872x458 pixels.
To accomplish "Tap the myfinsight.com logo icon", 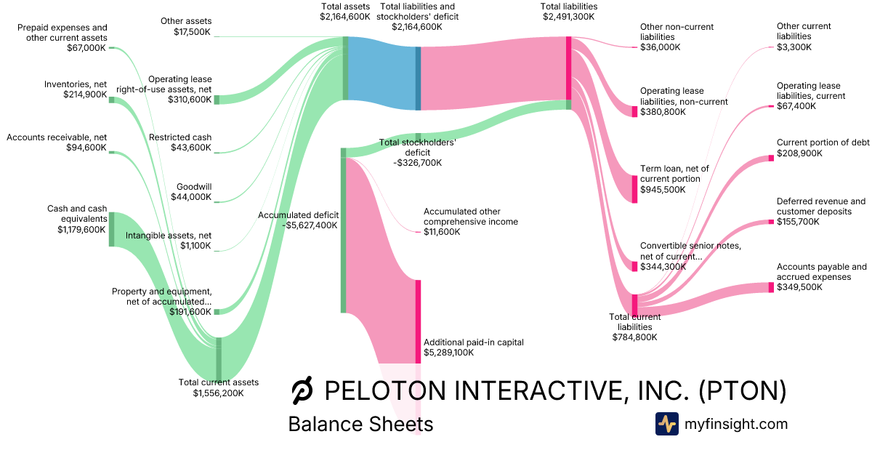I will click(x=666, y=424).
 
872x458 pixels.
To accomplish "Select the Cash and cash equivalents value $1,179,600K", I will click(x=81, y=230).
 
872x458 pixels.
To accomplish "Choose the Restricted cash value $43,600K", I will click(x=191, y=148).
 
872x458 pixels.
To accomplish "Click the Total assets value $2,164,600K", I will click(x=344, y=16).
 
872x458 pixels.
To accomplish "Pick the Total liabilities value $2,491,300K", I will click(x=570, y=16).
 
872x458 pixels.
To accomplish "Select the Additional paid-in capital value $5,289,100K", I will click(x=448, y=353).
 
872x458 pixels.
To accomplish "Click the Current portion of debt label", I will click(x=823, y=142).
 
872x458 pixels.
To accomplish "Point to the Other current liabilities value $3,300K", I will click(x=794, y=47).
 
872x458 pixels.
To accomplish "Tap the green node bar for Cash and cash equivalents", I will click(x=112, y=229).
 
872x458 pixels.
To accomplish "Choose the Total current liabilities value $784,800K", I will click(x=634, y=337).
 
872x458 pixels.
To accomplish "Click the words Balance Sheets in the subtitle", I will click(x=360, y=425).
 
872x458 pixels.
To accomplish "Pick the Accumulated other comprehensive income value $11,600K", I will click(x=442, y=231).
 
